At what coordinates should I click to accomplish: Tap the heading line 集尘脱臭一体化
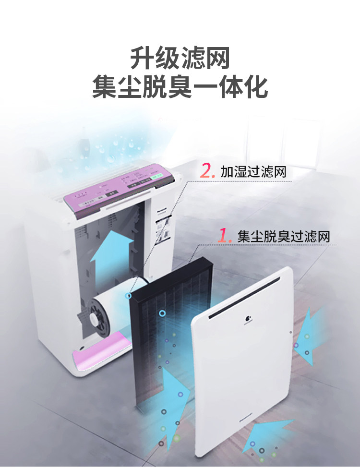click(x=180, y=88)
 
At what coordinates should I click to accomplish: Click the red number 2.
click(x=206, y=171)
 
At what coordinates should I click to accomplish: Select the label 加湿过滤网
click(x=253, y=172)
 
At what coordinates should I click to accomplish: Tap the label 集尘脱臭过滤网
click(x=284, y=236)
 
